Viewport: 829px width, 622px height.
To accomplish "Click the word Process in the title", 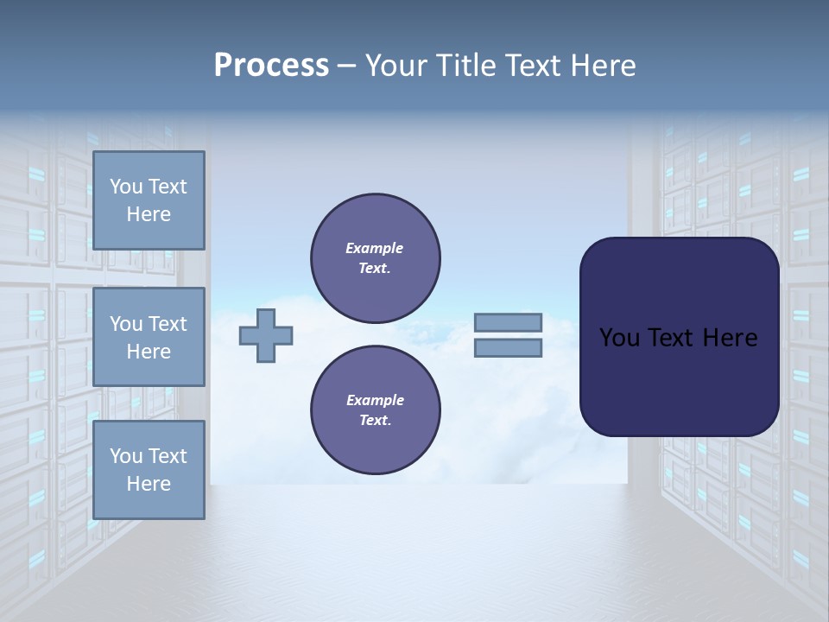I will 271,66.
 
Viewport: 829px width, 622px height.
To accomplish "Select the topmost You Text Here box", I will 149,200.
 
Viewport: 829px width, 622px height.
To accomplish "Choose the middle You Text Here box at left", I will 149,337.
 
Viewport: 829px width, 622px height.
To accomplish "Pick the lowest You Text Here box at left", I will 149,469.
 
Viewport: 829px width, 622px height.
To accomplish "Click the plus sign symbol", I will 266,334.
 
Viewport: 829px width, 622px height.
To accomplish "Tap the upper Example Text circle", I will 375,258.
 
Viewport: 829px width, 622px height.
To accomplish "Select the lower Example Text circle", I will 375,409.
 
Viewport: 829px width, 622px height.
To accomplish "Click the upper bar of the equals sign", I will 508,323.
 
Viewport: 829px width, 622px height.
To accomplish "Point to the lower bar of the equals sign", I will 508,347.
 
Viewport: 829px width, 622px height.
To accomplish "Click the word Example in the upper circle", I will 375,248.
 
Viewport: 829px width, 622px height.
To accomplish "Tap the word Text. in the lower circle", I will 375,421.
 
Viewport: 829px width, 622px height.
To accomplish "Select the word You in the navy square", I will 620,338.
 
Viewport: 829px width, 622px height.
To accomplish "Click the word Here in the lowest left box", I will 149,484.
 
